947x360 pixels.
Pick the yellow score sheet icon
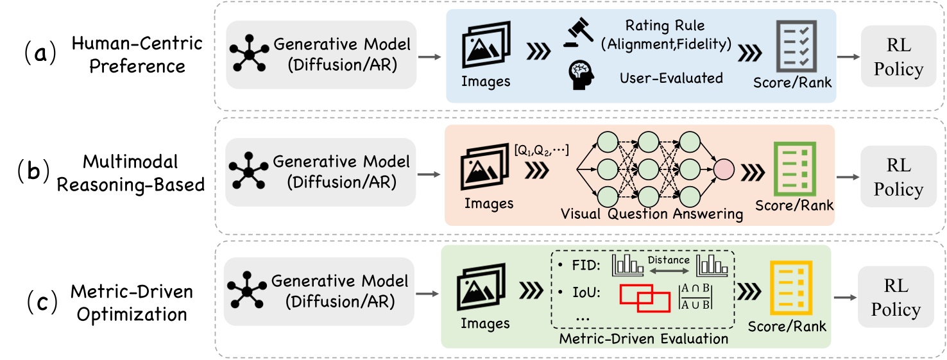(x=787, y=287)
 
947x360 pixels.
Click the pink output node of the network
(x=723, y=170)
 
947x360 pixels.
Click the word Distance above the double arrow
(x=669, y=260)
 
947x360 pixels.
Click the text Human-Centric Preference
(x=137, y=55)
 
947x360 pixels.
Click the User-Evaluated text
(x=670, y=78)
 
